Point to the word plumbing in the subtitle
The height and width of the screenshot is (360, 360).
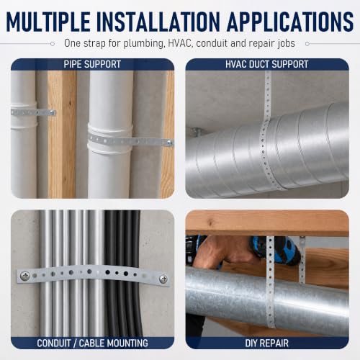(x=144, y=44)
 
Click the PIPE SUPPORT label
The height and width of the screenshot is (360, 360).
(x=92, y=64)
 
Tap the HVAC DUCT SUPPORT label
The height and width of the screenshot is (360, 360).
(x=267, y=64)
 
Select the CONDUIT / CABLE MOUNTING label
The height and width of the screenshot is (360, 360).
(x=92, y=343)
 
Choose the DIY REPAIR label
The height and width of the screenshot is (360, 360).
(x=267, y=343)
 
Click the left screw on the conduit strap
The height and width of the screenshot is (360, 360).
(x=24, y=276)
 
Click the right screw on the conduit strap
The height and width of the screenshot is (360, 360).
(x=163, y=279)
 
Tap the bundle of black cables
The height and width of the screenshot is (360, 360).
(x=123, y=273)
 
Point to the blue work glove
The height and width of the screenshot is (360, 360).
(x=276, y=251)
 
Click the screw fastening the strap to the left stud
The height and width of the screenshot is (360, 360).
(x=52, y=112)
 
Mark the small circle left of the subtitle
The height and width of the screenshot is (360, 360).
(x=53, y=44)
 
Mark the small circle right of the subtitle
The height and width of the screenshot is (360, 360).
(x=307, y=44)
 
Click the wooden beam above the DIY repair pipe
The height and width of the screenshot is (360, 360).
(x=267, y=222)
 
